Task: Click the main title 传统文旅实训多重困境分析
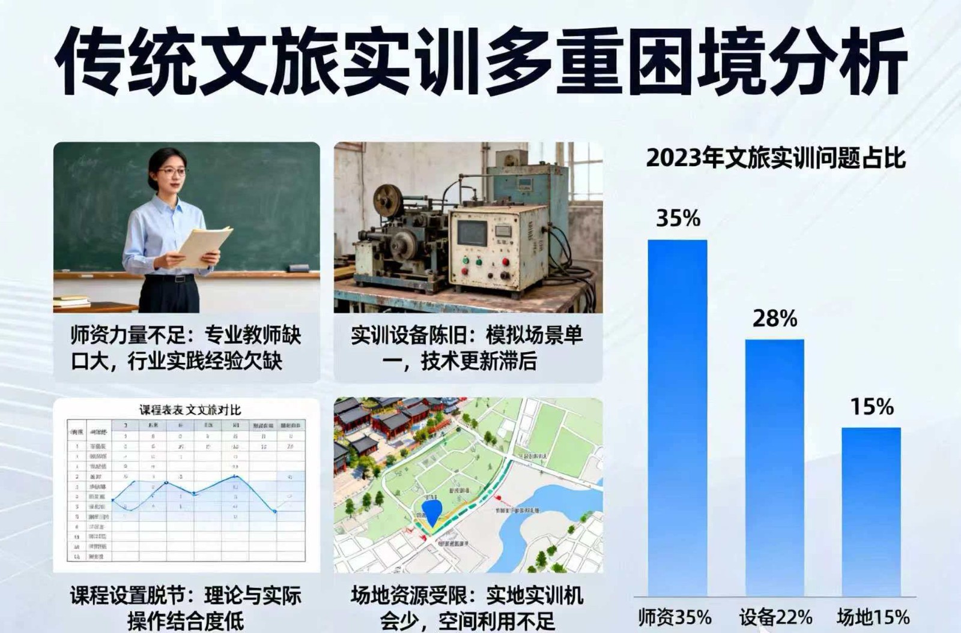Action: [480, 60]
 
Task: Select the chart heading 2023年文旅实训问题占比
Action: [775, 158]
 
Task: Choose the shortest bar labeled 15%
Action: [871, 510]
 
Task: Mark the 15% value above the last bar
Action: [872, 407]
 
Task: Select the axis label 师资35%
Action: [675, 617]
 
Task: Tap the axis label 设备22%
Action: [775, 617]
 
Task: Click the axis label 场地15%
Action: [873, 617]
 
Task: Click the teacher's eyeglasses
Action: [172, 172]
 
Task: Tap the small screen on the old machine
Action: [473, 233]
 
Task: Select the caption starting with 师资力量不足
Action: [186, 348]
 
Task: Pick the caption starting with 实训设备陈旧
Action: [467, 348]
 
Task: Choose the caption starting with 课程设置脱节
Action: [186, 608]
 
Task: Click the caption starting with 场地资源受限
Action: [467, 608]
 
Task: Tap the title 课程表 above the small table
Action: [190, 410]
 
